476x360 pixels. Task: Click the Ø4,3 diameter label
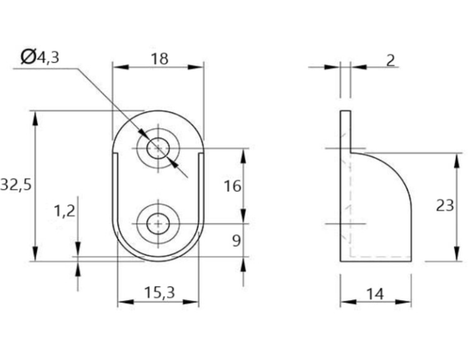click(40, 56)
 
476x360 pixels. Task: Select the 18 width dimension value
click(160, 59)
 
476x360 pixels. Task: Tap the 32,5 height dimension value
click(16, 184)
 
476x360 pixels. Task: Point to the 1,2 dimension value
click(64, 211)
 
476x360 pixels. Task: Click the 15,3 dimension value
click(160, 293)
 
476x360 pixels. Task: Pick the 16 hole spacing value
click(233, 186)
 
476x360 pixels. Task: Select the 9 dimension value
click(237, 241)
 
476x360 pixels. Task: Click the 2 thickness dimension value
click(391, 60)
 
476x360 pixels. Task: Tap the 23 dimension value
click(445, 205)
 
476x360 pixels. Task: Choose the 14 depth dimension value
click(376, 294)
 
